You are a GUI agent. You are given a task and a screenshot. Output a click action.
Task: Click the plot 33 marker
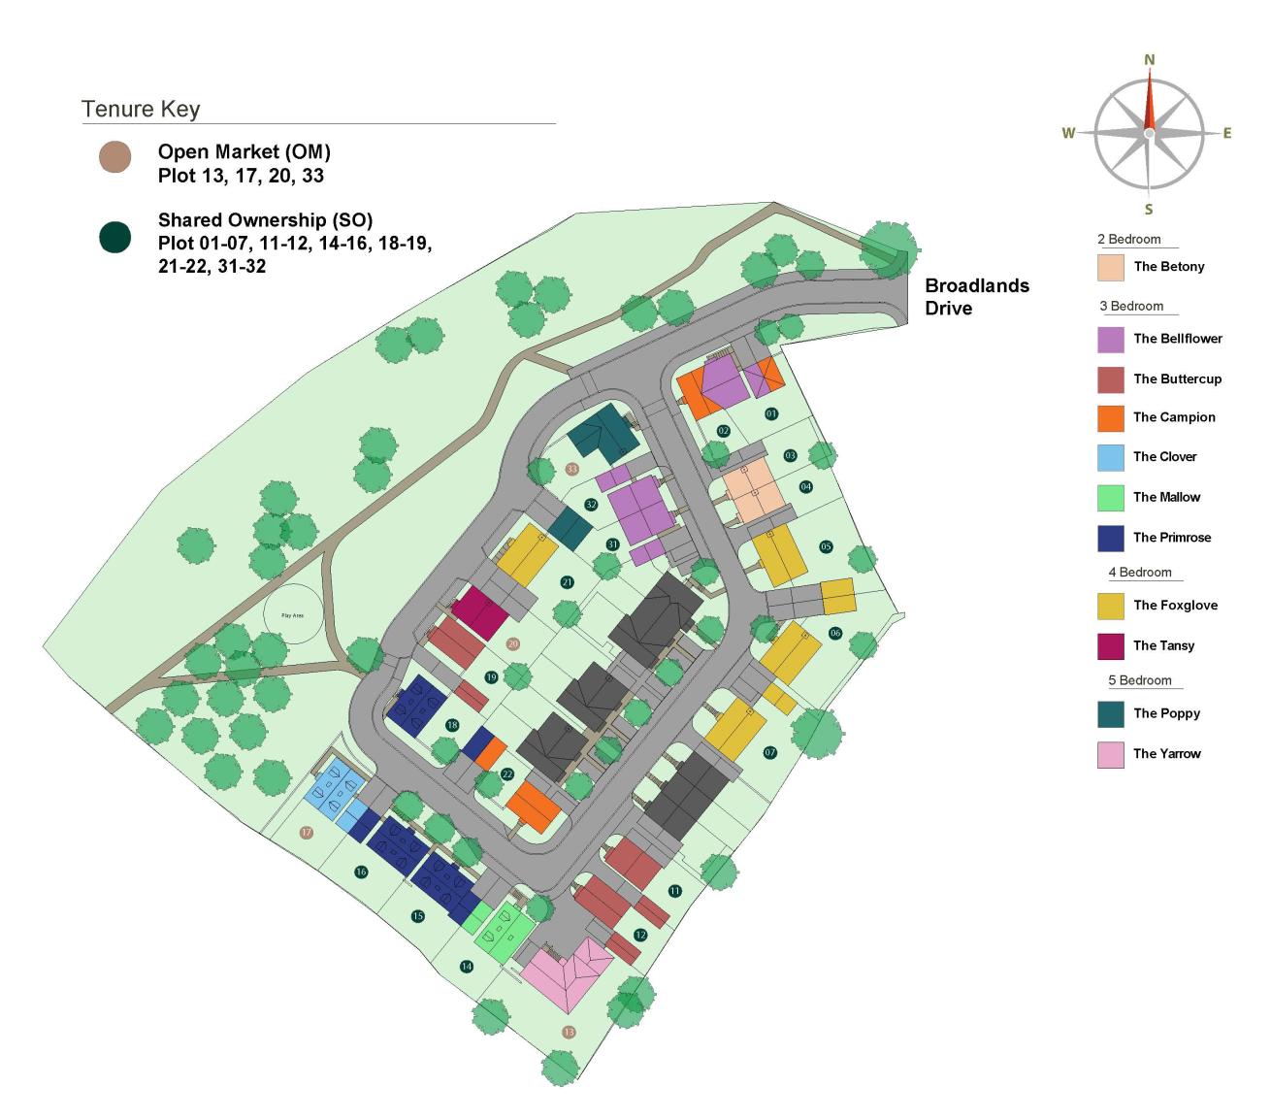571,469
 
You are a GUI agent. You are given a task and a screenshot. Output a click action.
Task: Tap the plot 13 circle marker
569,1032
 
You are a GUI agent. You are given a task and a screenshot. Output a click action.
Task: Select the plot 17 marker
307,833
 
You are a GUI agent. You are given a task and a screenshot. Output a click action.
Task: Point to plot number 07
770,752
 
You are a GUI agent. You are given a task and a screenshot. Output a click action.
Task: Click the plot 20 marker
513,643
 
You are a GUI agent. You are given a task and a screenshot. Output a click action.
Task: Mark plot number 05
826,546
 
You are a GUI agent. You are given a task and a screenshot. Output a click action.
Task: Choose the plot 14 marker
467,967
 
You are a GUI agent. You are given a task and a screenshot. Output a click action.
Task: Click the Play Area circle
292,614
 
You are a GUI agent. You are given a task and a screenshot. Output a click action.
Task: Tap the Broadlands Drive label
976,297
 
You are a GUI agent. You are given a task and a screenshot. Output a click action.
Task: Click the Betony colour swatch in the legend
1111,267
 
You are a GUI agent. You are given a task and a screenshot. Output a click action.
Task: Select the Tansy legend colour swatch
1111,645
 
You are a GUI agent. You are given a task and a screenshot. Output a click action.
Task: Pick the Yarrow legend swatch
1111,754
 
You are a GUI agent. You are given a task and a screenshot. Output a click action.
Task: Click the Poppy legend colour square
1111,713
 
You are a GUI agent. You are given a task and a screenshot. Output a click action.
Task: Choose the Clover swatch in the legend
1111,457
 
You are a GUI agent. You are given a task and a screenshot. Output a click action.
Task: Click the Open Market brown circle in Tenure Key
115,157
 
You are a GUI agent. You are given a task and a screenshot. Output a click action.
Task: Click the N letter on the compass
1150,60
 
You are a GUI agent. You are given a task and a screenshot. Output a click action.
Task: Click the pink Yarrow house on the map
568,973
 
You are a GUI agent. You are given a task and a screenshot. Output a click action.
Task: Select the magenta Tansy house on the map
480,611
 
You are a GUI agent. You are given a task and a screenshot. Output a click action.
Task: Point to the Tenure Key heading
141,109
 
